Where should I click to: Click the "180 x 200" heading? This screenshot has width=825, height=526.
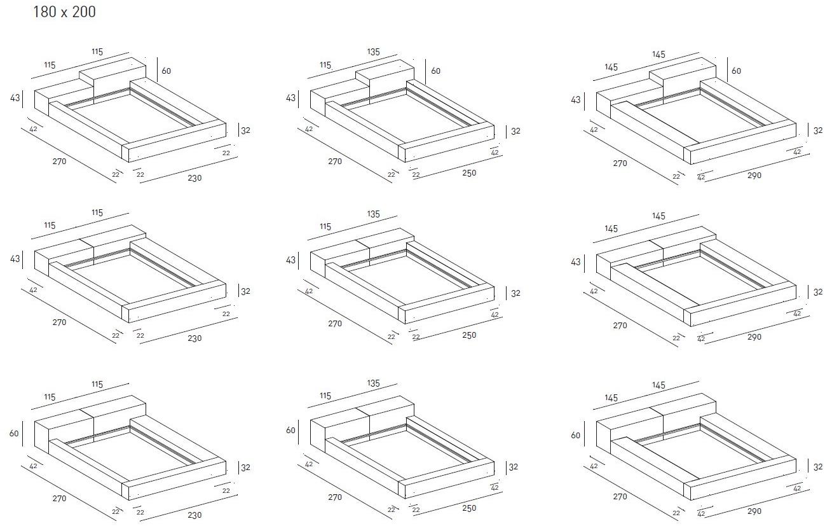(x=64, y=11)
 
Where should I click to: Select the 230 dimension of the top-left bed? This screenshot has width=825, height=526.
(x=194, y=178)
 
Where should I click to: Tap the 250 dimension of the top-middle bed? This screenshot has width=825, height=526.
(x=470, y=173)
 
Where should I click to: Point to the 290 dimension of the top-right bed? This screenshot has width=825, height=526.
(x=754, y=175)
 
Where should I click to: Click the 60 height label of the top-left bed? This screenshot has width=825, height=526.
(x=166, y=71)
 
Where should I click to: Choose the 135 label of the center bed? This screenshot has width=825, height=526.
(x=374, y=214)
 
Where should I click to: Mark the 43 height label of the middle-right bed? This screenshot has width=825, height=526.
(x=576, y=262)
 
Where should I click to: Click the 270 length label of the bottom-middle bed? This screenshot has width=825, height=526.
(x=335, y=497)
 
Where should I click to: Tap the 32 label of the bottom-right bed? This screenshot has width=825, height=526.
(x=818, y=467)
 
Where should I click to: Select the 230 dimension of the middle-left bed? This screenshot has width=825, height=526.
(x=194, y=338)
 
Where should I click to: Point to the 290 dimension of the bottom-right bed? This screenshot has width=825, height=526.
(x=754, y=511)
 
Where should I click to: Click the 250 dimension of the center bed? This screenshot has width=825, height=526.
(x=470, y=335)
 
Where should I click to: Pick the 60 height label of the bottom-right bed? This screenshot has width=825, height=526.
(x=576, y=436)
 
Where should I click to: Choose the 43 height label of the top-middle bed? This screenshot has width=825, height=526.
(x=290, y=99)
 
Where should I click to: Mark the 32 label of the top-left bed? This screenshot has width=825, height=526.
(x=245, y=130)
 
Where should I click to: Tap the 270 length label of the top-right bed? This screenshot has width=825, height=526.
(x=620, y=163)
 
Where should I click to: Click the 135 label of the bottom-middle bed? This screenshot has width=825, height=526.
(x=374, y=384)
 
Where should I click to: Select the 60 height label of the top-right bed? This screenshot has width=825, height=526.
(x=736, y=71)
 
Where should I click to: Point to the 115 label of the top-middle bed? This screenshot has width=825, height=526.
(x=325, y=65)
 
